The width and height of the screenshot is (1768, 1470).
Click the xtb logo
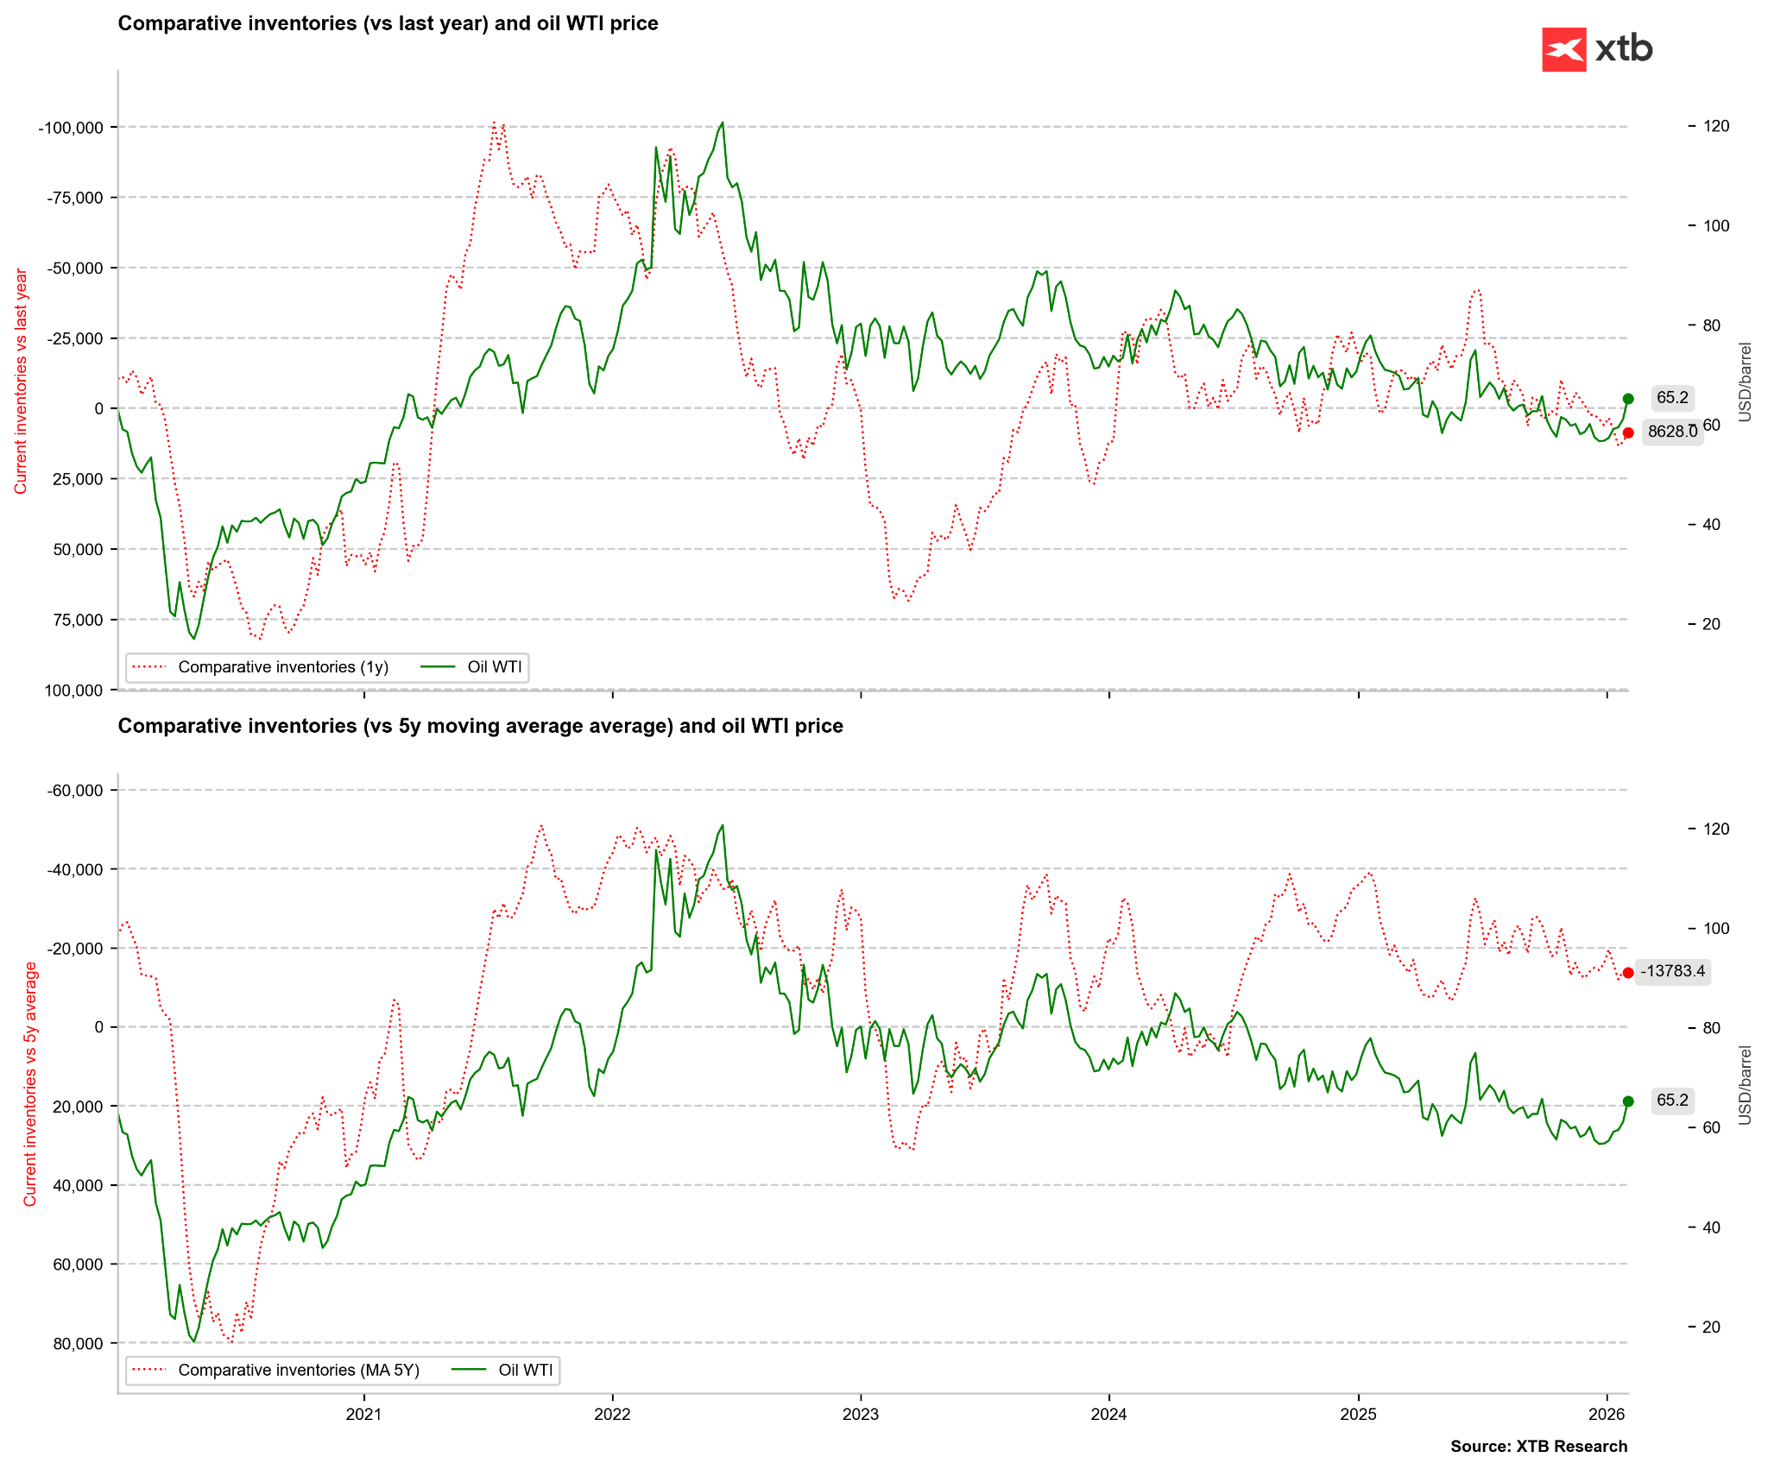click(x=1597, y=49)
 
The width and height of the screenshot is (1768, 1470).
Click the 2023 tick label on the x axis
click(x=860, y=1414)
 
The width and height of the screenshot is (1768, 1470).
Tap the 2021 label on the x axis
click(x=363, y=1414)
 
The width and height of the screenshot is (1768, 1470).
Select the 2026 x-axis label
click(x=1606, y=1414)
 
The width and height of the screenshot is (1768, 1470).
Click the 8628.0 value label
click(x=1672, y=432)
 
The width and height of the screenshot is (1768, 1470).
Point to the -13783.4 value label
click(x=1672, y=971)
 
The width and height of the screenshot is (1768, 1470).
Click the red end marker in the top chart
click(x=1628, y=433)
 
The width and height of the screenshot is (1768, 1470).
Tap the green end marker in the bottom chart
click(x=1628, y=1101)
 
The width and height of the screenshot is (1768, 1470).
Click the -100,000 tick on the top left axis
click(x=71, y=128)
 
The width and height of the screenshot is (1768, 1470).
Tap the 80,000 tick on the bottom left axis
click(x=78, y=1343)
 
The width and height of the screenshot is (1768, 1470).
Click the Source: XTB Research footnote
click(x=1538, y=1447)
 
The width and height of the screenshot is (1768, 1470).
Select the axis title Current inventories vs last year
click(x=21, y=381)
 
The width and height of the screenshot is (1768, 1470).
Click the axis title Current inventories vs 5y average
click(x=30, y=1083)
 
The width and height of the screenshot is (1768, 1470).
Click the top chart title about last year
click(x=388, y=23)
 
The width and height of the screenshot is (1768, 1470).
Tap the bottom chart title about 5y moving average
click(x=480, y=726)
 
